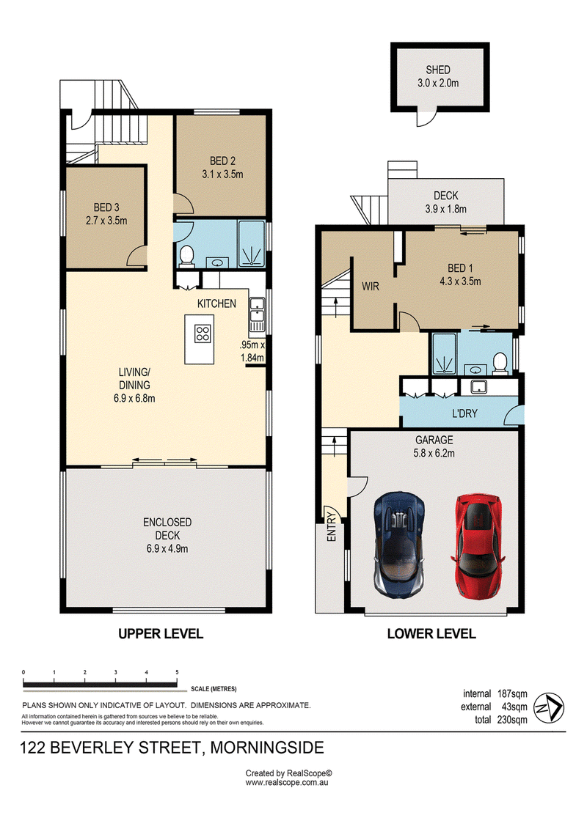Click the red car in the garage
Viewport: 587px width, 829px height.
pos(477,546)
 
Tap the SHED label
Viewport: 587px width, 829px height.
pos(438,70)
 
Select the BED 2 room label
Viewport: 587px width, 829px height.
pos(222,161)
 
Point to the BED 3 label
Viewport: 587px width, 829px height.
pos(106,207)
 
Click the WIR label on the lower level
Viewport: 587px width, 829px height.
pos(371,287)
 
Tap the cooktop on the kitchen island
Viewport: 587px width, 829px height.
pos(203,334)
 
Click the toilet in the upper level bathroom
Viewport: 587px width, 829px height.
pos(186,255)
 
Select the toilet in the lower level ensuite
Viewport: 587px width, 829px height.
pos(500,364)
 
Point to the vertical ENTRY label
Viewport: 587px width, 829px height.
pos(332,526)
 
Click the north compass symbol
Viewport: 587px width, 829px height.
pos(549,707)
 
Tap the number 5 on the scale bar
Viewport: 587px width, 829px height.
pos(178,672)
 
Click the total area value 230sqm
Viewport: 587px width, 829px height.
pos(512,720)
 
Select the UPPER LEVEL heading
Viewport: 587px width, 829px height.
pos(161,633)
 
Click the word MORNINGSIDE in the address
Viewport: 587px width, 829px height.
pos(267,748)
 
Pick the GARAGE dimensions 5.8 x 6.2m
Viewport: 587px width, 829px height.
pos(434,453)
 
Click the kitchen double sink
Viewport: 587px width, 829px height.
pos(258,310)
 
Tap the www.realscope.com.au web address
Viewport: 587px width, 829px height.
pos(287,783)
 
